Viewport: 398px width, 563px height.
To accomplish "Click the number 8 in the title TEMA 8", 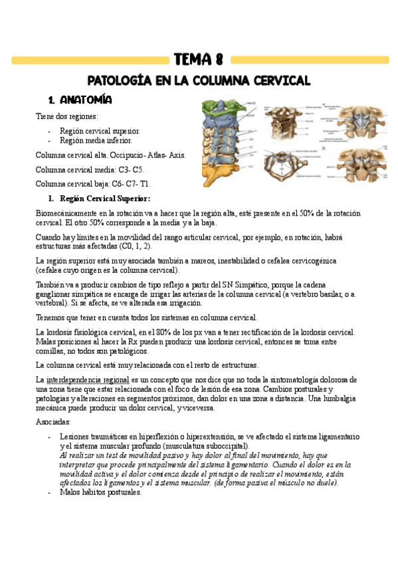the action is pyautogui.click(x=217, y=60).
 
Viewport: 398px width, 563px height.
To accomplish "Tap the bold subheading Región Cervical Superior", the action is pyautogui.click(x=105, y=198).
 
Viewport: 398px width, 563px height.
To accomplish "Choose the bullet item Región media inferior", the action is pyautogui.click(x=96, y=140).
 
